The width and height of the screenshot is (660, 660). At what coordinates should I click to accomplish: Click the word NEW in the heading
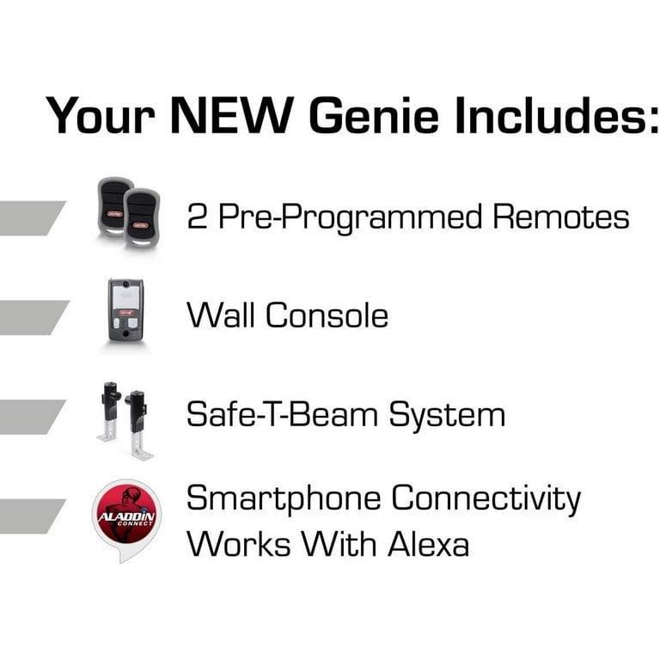(232, 115)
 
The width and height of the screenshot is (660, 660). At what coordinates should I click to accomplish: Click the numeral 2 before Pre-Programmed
(197, 217)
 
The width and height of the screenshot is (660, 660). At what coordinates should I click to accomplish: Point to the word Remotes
(561, 217)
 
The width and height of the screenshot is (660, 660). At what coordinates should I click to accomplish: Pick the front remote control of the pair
(142, 218)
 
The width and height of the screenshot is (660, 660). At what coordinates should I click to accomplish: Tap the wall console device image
(125, 310)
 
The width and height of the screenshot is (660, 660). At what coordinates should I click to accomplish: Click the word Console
(327, 315)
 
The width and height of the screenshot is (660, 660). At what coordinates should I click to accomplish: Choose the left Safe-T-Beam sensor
(109, 412)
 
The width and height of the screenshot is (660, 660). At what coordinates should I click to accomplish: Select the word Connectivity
(486, 499)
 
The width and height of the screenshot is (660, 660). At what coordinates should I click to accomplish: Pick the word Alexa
(428, 544)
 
